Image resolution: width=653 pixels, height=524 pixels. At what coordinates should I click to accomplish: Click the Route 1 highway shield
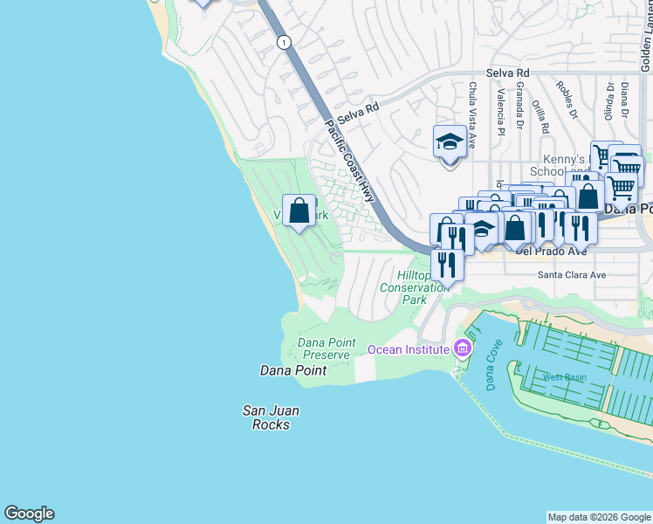tap(283, 42)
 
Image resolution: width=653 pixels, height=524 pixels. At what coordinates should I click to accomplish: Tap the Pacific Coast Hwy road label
tap(349, 161)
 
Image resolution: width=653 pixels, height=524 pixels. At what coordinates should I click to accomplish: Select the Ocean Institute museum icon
tap(463, 349)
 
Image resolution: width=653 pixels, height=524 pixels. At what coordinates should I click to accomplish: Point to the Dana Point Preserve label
tap(327, 348)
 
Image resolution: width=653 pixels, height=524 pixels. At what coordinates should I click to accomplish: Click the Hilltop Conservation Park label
tap(402, 286)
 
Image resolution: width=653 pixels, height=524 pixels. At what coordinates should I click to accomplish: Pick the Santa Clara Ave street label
tap(571, 274)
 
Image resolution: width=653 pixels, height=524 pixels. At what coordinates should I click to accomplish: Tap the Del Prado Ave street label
tap(551, 251)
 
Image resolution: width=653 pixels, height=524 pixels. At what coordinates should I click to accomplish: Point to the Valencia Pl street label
tap(501, 108)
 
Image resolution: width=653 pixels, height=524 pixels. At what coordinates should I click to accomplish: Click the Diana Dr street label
tap(625, 99)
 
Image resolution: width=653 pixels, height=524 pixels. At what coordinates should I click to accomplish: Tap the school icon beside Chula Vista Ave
tap(450, 141)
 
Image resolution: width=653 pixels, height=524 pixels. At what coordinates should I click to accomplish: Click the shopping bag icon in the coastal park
tap(299, 210)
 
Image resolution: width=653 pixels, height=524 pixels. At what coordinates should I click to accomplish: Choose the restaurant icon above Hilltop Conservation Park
tap(447, 264)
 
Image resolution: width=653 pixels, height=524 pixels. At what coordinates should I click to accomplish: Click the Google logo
tap(29, 514)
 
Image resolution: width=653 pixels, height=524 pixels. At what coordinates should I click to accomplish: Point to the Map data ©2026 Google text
tap(598, 517)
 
